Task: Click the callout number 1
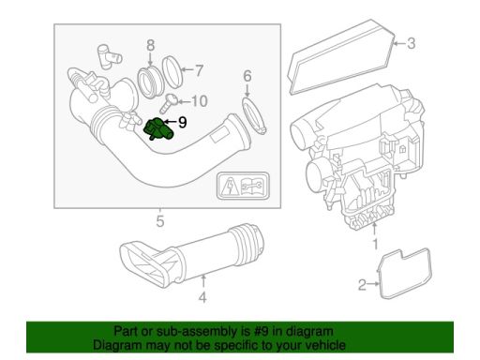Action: click(377, 244)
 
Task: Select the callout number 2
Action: click(362, 284)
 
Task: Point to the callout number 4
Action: click(202, 299)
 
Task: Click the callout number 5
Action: click(160, 222)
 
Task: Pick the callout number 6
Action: click(247, 76)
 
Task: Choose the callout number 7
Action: click(198, 68)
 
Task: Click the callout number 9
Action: click(182, 122)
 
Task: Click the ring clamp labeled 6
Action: click(251, 115)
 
